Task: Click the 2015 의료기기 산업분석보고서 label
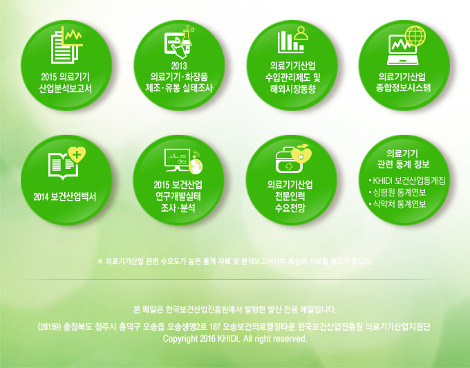click(x=66, y=83)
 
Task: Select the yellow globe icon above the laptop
click(x=415, y=36)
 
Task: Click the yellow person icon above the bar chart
click(x=301, y=33)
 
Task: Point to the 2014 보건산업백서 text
click(x=65, y=196)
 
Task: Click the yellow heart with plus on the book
click(x=77, y=155)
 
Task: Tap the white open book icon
click(x=64, y=166)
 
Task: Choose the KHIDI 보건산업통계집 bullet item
click(x=407, y=181)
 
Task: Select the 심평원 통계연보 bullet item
click(x=397, y=192)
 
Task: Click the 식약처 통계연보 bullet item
click(x=397, y=204)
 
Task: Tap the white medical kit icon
click(x=289, y=160)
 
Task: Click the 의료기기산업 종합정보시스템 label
click(x=403, y=82)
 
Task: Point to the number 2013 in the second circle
click(x=179, y=66)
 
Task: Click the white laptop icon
click(x=402, y=50)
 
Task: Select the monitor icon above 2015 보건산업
click(x=177, y=160)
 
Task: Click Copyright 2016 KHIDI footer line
click(x=235, y=339)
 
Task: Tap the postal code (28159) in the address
click(x=50, y=326)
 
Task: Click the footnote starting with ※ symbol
click(x=235, y=261)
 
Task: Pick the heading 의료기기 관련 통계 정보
click(x=403, y=159)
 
